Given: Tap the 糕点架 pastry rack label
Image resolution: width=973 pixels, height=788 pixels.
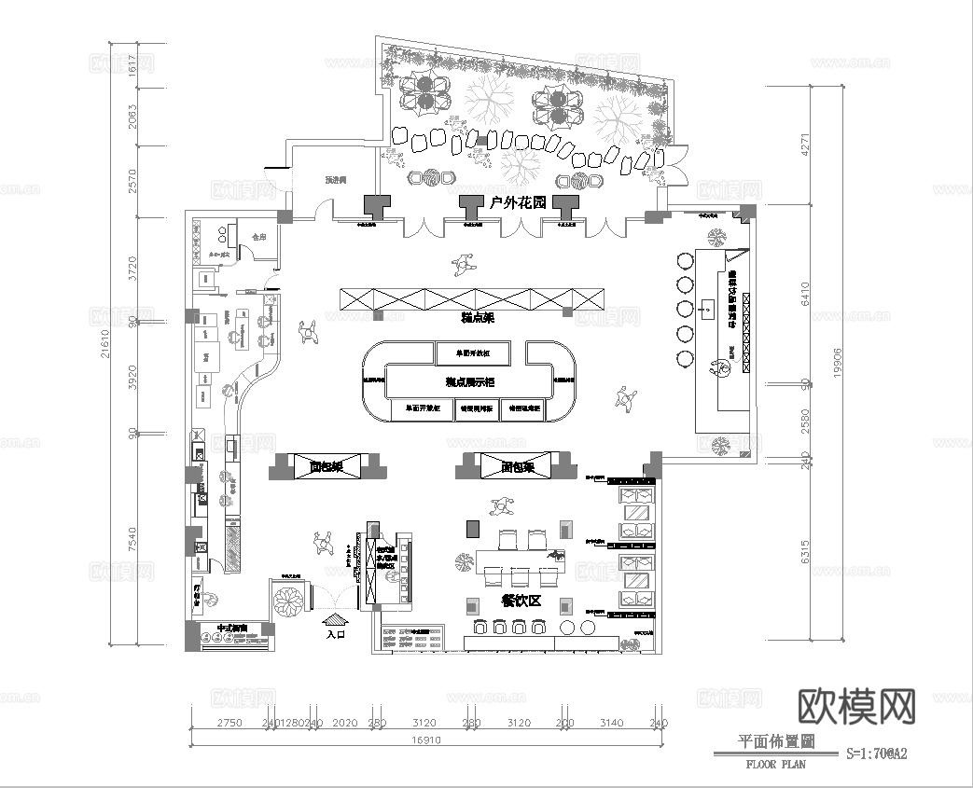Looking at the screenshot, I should click(x=477, y=318).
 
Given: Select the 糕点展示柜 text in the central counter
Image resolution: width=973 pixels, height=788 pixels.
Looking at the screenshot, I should click(x=469, y=381).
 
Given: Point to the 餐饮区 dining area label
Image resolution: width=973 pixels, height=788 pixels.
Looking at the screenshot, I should click(x=521, y=601).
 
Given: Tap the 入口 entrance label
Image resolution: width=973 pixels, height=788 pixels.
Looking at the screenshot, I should click(x=337, y=634).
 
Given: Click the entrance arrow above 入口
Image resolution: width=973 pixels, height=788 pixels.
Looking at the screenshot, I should click(x=336, y=617).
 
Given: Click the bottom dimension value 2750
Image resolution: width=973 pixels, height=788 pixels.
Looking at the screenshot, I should click(x=229, y=723).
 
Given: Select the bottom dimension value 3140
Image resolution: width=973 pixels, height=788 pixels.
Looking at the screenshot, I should click(x=611, y=723).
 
